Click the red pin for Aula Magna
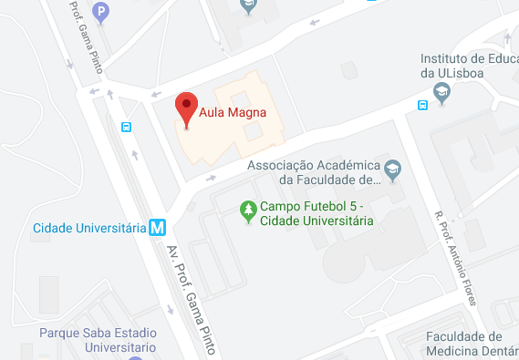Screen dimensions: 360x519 pos(186,107)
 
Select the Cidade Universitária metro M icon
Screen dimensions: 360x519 pos(157,227)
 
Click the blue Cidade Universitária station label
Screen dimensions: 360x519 pos(89,227)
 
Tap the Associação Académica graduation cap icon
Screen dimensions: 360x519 pos(392,167)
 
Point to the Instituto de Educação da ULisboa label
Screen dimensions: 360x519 pos(468,63)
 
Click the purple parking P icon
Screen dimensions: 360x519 pos(102,12)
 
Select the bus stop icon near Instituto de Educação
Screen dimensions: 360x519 pos(422,105)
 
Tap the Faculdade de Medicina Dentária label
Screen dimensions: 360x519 pos(471,344)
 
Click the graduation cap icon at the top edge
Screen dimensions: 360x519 pos(247,6)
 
